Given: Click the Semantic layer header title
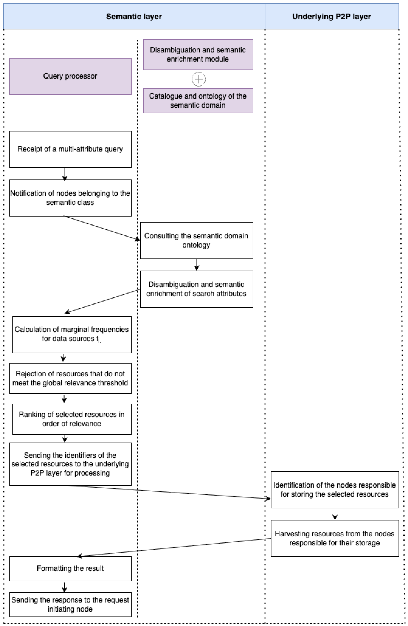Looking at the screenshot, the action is (134, 16).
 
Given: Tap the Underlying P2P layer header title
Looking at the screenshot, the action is (331, 16).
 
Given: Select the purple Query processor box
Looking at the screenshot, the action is (70, 76).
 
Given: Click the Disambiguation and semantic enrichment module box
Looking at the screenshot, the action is (198, 54).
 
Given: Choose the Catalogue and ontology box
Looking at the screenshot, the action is (198, 101).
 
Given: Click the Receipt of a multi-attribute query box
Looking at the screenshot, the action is (70, 149).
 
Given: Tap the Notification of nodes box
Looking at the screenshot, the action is (70, 198).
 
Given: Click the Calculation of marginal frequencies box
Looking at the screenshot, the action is (72, 335).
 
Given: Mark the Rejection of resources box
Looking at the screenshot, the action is (70, 378).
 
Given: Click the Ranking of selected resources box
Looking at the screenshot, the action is (72, 419).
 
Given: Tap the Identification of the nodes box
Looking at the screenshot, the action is (335, 490).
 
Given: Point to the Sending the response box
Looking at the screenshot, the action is (70, 605).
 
